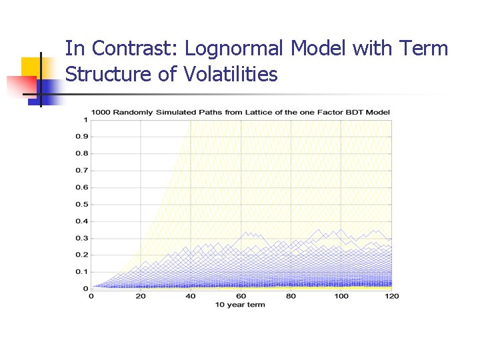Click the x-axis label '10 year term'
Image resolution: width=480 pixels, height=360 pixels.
240,305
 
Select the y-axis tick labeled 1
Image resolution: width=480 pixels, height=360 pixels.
85,120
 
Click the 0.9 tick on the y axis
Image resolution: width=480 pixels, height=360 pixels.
81,137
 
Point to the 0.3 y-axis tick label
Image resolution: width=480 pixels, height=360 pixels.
81,238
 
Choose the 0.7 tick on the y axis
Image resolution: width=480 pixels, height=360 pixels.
81,171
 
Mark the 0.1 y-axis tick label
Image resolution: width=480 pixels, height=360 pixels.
81,272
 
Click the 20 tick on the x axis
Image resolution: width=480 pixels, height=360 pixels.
141,296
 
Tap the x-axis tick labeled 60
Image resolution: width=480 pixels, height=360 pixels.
241,296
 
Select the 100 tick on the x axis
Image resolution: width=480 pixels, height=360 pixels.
341,296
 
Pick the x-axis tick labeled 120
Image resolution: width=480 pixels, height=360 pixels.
391,296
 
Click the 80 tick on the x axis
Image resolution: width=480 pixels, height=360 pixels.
291,296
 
